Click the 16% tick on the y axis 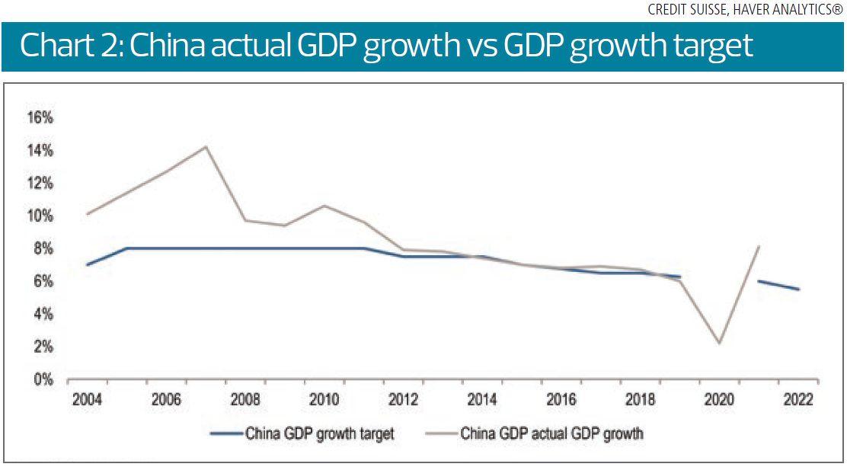[40, 118]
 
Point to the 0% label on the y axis [43, 379]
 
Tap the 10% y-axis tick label [40, 216]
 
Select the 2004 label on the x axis [87, 399]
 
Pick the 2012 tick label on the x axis [404, 399]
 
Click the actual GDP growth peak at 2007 [206, 146]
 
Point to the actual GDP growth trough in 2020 [720, 343]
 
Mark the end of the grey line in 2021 [759, 246]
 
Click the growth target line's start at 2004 [88, 265]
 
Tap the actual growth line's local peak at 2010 [324, 206]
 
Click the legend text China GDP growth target [320, 434]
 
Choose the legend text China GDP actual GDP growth [552, 434]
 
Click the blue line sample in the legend [225, 434]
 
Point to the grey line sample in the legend [441, 434]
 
